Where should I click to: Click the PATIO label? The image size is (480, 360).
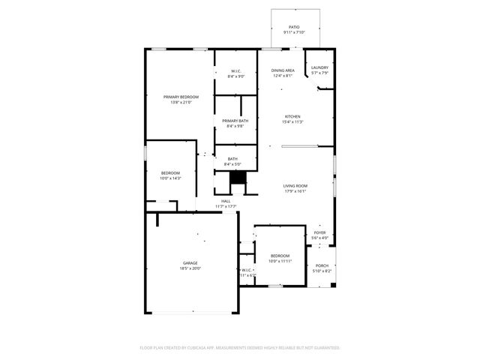click(x=293, y=26)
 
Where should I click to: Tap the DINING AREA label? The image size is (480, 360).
click(x=283, y=70)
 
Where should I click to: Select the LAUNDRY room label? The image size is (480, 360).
click(x=319, y=67)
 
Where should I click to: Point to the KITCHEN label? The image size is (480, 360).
click(x=292, y=116)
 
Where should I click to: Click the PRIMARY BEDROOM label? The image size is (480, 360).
click(x=181, y=97)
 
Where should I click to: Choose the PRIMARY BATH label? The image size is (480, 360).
click(x=235, y=121)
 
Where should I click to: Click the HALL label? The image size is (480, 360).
click(x=226, y=201)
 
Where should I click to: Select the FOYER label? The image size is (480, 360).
click(x=319, y=233)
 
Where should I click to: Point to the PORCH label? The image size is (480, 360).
click(x=322, y=265)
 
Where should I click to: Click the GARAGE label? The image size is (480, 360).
click(x=190, y=262)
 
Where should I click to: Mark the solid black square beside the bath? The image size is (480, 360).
click(x=238, y=178)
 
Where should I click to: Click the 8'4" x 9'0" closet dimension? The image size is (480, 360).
click(x=236, y=76)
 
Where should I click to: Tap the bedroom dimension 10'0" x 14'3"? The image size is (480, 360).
click(x=170, y=178)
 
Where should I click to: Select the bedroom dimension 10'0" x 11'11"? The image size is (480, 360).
click(x=280, y=261)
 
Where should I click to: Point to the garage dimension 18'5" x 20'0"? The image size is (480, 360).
click(x=190, y=268)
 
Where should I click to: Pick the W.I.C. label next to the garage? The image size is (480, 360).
click(x=247, y=269)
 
